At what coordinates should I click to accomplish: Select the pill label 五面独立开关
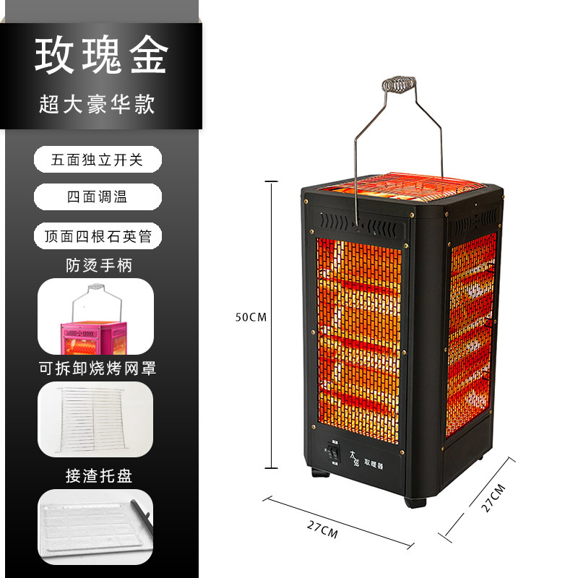(98, 159)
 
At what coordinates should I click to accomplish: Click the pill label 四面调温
(98, 197)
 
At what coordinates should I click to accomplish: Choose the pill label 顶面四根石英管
(98, 235)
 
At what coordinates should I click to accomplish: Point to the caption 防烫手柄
(98, 265)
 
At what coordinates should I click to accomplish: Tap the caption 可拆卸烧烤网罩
(98, 368)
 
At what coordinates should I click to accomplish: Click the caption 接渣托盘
(98, 475)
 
